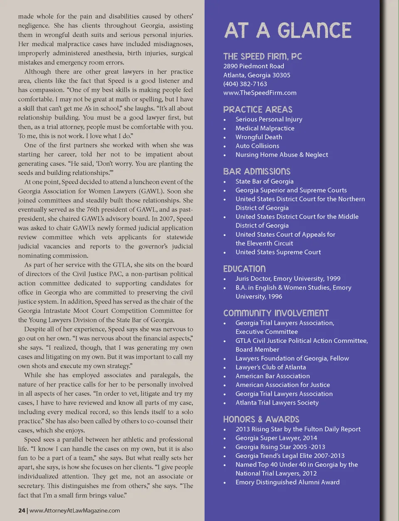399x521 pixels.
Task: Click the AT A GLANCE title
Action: click(x=288, y=31)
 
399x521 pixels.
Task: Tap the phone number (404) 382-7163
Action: click(x=245, y=84)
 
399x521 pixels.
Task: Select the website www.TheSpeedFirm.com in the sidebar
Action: click(x=260, y=93)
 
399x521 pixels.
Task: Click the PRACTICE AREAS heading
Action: click(x=258, y=110)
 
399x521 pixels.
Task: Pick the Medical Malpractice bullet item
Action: click(x=265, y=128)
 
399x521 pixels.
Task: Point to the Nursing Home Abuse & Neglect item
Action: click(x=281, y=154)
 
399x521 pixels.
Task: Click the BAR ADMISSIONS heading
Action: click(x=256, y=171)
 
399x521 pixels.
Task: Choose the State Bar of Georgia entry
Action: click(x=264, y=181)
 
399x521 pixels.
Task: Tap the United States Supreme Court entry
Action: click(x=278, y=252)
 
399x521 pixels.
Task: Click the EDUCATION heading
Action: click(x=244, y=269)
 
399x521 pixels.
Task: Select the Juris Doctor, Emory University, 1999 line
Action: click(x=288, y=279)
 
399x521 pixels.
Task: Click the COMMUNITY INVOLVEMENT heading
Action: click(x=276, y=313)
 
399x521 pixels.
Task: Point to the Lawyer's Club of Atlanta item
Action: click(x=271, y=367)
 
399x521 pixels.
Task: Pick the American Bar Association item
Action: click(x=272, y=376)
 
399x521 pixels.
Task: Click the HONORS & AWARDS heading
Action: click(x=261, y=419)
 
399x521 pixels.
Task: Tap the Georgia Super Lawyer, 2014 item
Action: click(x=276, y=438)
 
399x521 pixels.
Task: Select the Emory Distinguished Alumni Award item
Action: click(x=287, y=482)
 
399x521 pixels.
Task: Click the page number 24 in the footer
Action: click(x=22, y=511)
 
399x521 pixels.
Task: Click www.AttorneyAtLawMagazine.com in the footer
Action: click(x=75, y=511)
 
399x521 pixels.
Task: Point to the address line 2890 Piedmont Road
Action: click(x=254, y=66)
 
